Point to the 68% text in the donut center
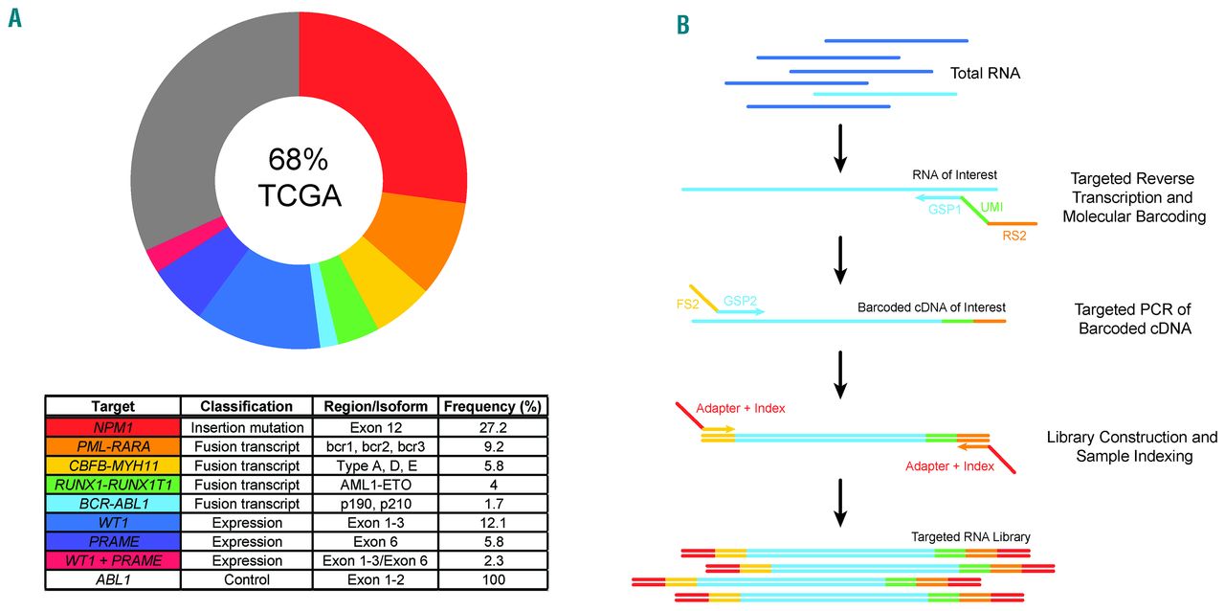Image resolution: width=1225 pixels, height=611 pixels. (299, 158)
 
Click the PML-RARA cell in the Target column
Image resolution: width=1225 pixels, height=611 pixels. (112, 447)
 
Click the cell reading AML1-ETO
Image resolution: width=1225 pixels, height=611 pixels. (379, 486)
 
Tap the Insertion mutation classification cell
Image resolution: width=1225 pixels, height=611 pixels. (247, 427)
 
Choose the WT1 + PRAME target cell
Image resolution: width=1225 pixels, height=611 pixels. (112, 561)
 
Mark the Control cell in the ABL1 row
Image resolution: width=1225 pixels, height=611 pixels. (247, 580)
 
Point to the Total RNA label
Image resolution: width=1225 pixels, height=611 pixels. (985, 73)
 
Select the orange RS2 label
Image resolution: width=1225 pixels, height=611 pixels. (1013, 237)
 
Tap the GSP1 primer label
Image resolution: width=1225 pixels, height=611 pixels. (944, 209)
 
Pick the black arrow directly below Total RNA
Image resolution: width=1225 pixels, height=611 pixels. (840, 147)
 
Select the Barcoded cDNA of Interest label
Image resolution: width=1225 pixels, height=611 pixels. (931, 307)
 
